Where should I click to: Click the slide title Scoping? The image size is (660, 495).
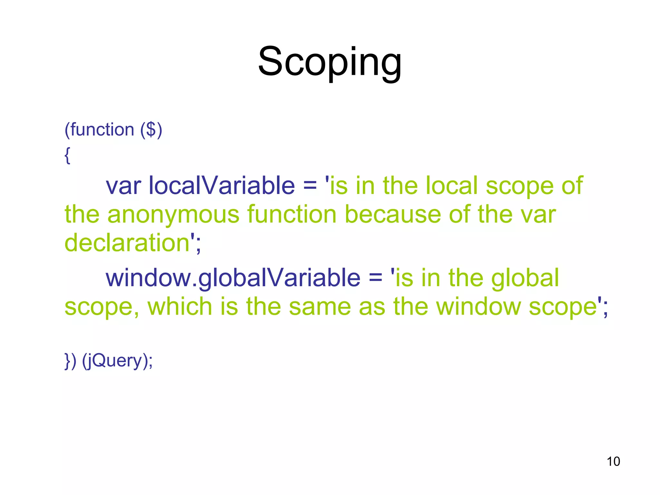click(330, 62)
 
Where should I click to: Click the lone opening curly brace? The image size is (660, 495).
click(67, 156)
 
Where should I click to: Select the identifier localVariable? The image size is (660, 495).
click(221, 186)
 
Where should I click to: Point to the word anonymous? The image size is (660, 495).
click(173, 215)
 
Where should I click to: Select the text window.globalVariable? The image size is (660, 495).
click(233, 278)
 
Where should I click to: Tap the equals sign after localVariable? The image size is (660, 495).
click(310, 186)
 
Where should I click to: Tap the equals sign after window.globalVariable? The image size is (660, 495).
click(375, 278)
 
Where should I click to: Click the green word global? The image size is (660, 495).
click(525, 278)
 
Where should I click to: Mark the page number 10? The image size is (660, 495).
click(613, 461)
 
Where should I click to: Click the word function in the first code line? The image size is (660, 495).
click(102, 130)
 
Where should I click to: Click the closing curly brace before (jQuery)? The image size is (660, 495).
click(67, 361)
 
